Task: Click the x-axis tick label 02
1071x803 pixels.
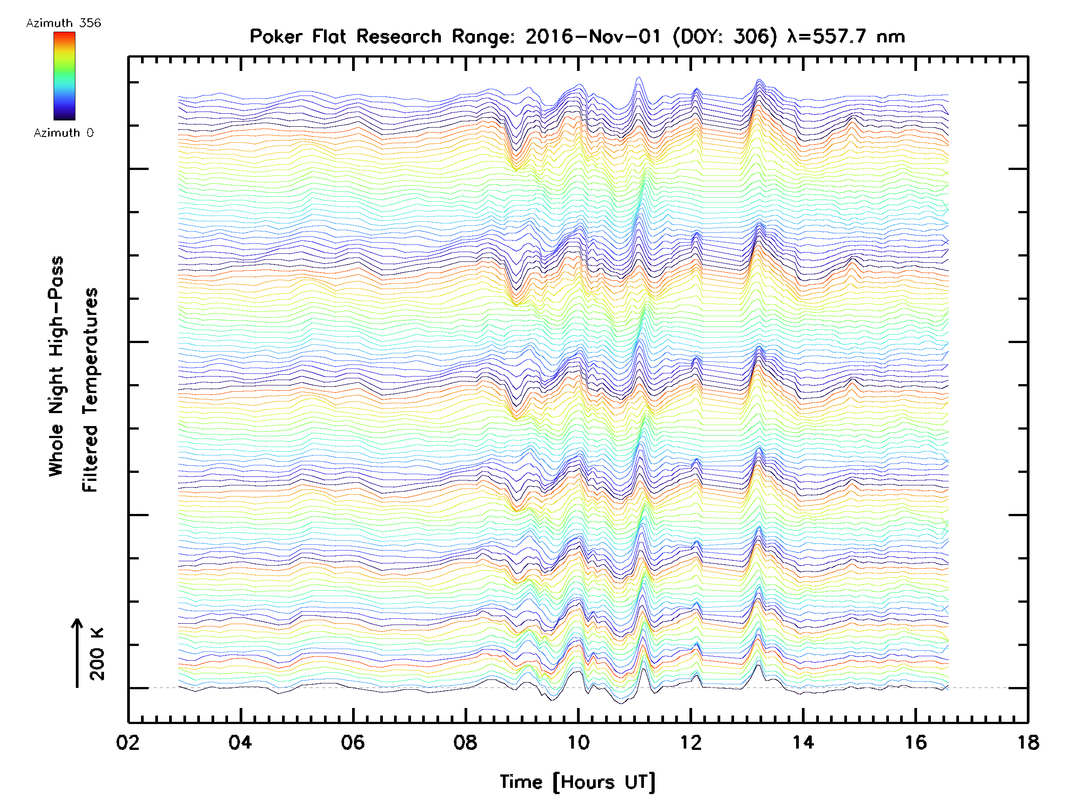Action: click(128, 742)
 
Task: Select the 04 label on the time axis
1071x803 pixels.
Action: click(240, 742)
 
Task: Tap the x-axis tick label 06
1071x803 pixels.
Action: click(353, 742)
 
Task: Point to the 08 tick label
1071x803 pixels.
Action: click(465, 742)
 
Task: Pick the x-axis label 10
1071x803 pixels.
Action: click(578, 742)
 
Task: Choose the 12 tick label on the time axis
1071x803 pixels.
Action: click(690, 742)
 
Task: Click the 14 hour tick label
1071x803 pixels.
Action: click(803, 742)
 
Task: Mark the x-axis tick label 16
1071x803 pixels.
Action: click(916, 742)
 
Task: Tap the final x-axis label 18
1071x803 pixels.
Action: click(1028, 742)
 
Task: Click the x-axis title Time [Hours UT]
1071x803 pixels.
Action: click(577, 782)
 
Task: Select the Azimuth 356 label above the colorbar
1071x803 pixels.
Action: click(63, 23)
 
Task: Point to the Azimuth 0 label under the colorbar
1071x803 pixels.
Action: click(63, 132)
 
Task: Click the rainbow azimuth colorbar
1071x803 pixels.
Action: click(64, 76)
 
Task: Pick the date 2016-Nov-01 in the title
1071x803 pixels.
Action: click(593, 36)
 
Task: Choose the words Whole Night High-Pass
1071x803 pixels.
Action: click(56, 366)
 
